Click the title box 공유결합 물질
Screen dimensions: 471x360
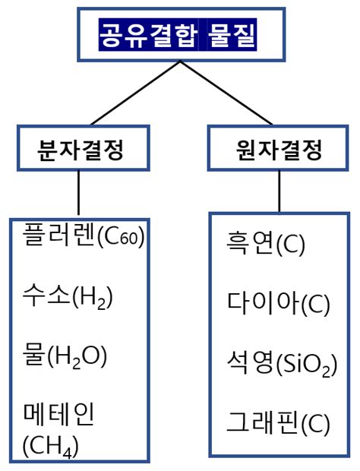[180, 34]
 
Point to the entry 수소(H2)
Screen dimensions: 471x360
[68, 296]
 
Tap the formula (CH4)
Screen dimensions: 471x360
[50, 442]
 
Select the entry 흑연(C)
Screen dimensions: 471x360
[265, 245]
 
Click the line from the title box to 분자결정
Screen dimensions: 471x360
[134, 92]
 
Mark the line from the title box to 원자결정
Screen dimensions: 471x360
[226, 92]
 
